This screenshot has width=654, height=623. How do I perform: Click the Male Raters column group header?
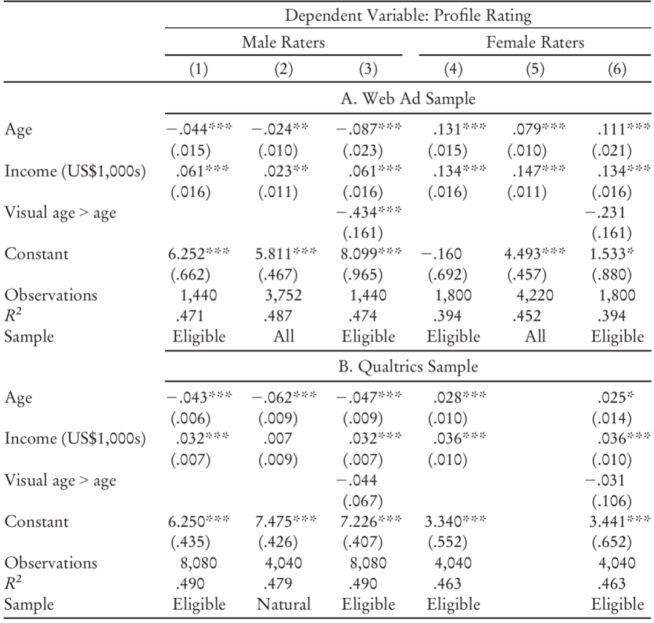[283, 42]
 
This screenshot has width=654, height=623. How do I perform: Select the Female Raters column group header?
[535, 42]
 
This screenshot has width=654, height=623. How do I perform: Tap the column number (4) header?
[453, 69]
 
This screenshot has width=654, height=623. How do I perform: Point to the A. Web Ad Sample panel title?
[408, 99]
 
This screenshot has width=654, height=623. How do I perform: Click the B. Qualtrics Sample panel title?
[408, 367]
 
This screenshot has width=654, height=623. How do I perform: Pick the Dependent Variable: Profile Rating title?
[408, 16]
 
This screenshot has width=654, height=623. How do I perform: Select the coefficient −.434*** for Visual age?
[369, 212]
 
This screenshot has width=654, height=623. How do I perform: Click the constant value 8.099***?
[371, 253]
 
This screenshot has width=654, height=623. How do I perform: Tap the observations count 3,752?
[283, 295]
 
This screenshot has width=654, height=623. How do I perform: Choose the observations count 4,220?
[535, 295]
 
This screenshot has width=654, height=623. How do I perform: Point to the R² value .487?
[277, 316]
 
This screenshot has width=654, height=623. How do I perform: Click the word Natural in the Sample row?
[283, 604]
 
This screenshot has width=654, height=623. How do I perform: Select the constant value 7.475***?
[286, 521]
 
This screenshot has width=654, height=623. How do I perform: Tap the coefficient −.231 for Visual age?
[605, 212]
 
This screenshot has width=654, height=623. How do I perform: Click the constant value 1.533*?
[612, 253]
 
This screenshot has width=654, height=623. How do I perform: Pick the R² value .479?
[277, 584]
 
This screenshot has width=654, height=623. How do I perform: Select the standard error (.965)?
[363, 275]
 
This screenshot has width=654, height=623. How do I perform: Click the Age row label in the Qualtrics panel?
[18, 398]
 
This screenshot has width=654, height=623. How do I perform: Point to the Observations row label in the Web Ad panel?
[51, 295]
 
